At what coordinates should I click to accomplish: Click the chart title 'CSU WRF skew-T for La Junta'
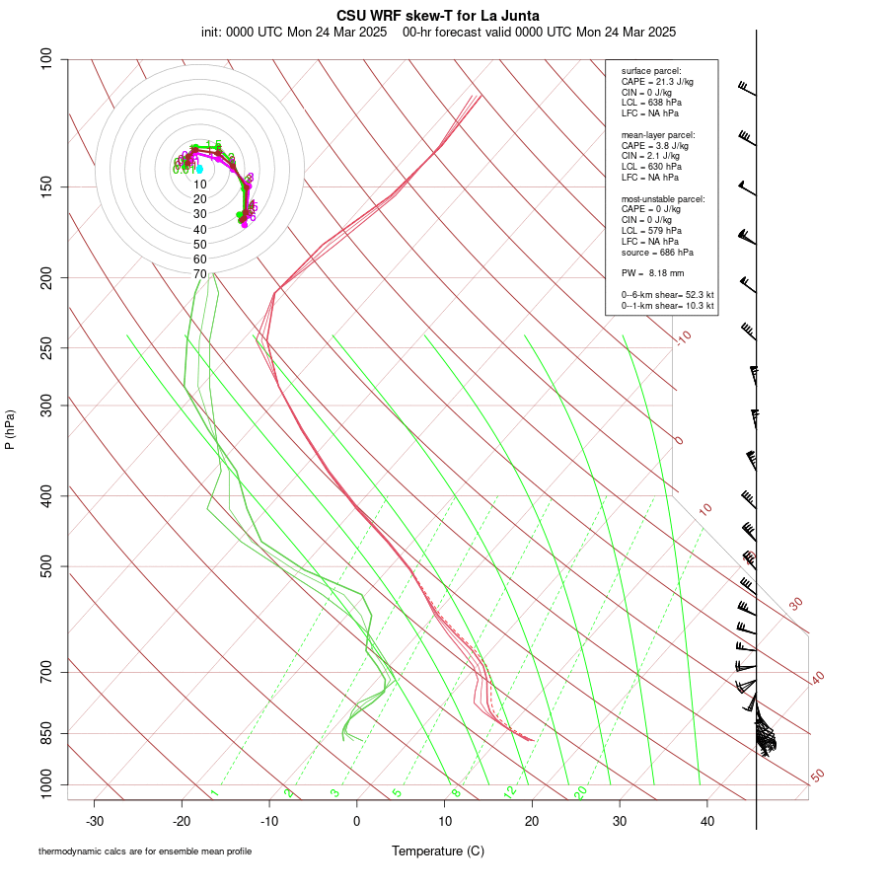pos(438,16)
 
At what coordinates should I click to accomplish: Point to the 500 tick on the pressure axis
pos(46,566)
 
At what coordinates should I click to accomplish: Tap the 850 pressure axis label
pos(46,733)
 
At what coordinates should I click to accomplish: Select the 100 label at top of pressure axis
pos(46,59)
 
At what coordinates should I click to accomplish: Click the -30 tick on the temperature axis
pos(95,820)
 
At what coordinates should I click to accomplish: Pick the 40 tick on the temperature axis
pos(706,820)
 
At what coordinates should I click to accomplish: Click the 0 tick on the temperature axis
pos(357,820)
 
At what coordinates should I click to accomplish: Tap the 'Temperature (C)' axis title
pos(438,851)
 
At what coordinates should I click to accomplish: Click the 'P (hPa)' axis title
pos(10,429)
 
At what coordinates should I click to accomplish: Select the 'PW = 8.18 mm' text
pos(652,272)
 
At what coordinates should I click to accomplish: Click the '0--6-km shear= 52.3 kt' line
pos(667,295)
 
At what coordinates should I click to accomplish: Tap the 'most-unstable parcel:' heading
pos(663,198)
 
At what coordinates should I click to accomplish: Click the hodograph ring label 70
pos(199,273)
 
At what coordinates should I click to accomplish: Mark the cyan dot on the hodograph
pos(199,170)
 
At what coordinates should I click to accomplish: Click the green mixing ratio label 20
pos(580,792)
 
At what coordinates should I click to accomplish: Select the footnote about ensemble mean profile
pos(145,851)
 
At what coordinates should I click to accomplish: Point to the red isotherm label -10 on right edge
pos(683,338)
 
